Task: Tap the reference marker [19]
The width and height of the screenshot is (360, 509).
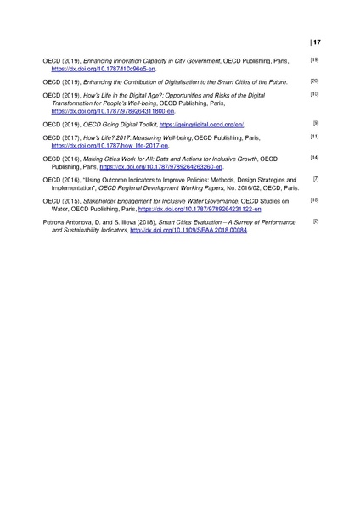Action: tap(314, 59)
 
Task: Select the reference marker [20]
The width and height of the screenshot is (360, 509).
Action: tap(314, 81)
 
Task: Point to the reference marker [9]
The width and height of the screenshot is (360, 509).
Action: tap(316, 123)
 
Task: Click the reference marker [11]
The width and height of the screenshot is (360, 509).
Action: tap(314, 137)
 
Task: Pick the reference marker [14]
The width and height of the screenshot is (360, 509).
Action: tap(314, 158)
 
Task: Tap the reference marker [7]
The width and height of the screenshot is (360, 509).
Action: tap(316, 179)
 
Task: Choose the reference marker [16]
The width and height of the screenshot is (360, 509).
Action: tap(314, 200)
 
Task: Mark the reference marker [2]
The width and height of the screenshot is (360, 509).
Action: tap(316, 221)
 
